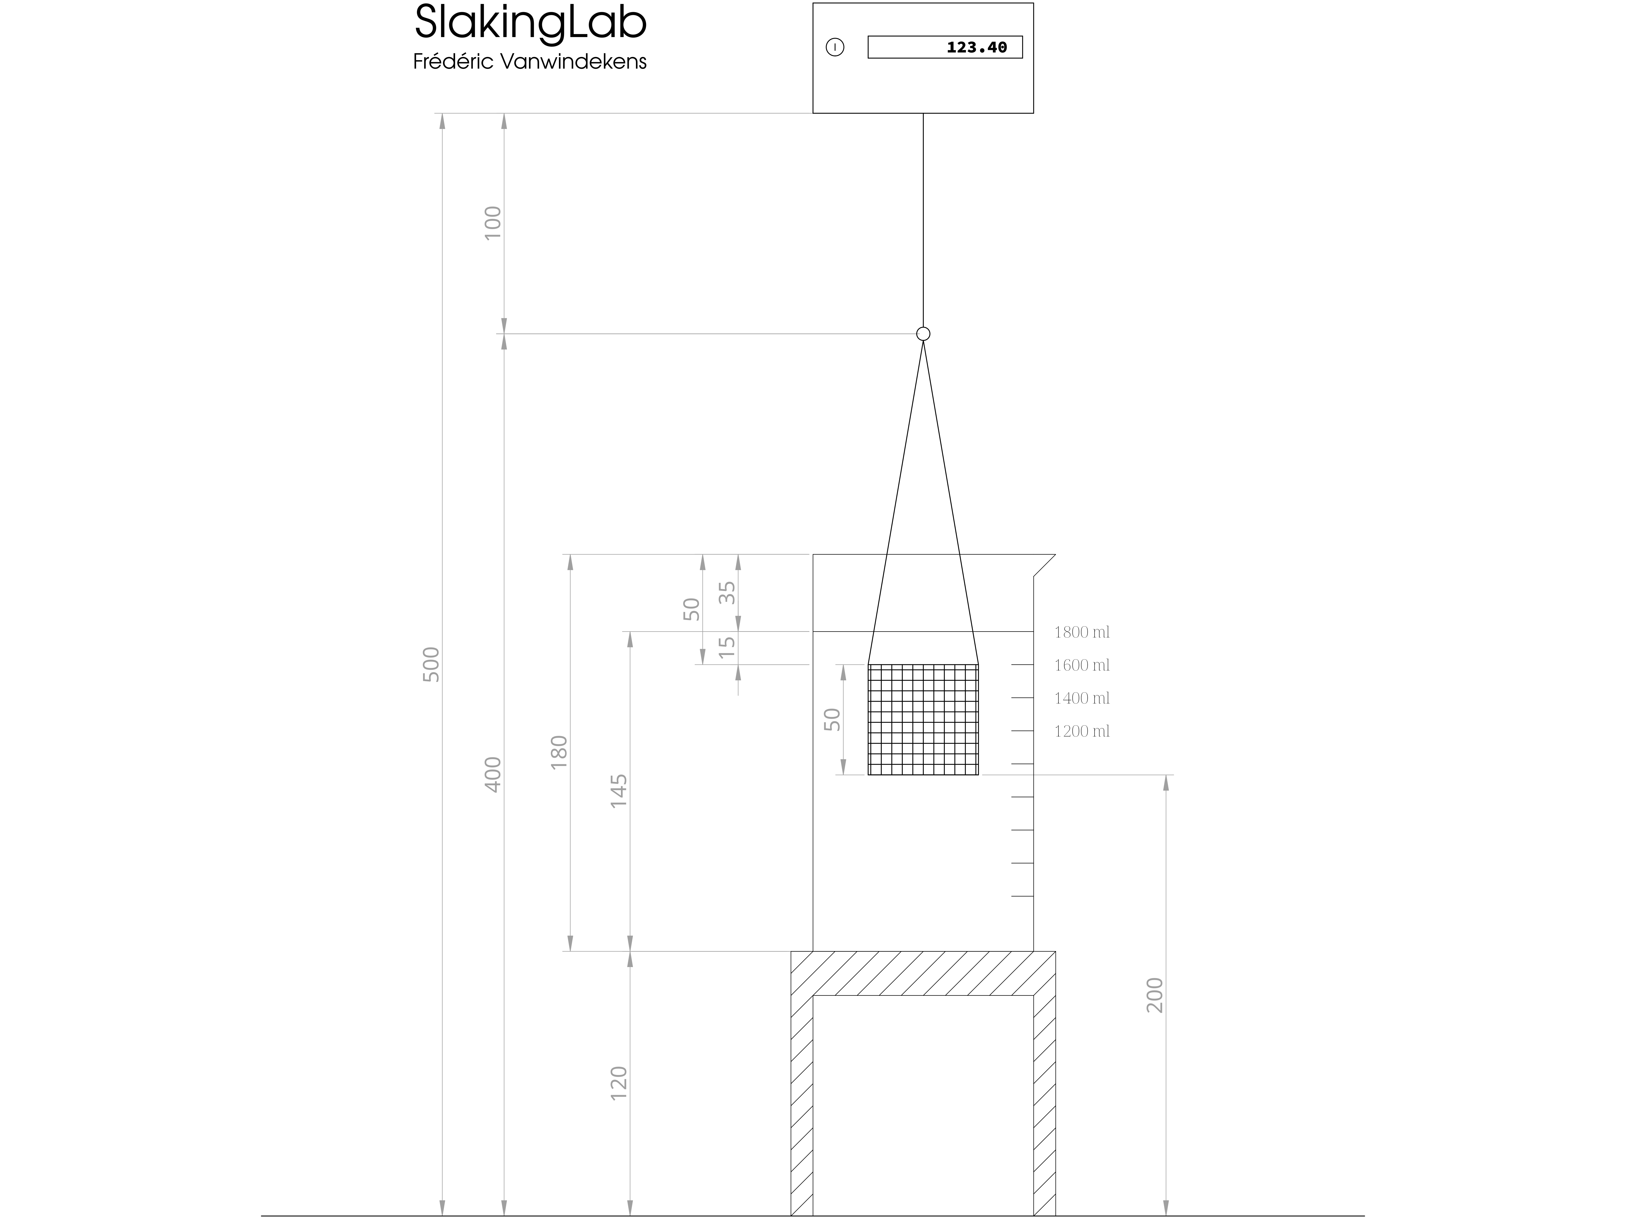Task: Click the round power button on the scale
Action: click(835, 47)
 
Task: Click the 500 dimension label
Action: click(431, 664)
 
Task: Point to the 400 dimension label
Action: click(493, 775)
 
